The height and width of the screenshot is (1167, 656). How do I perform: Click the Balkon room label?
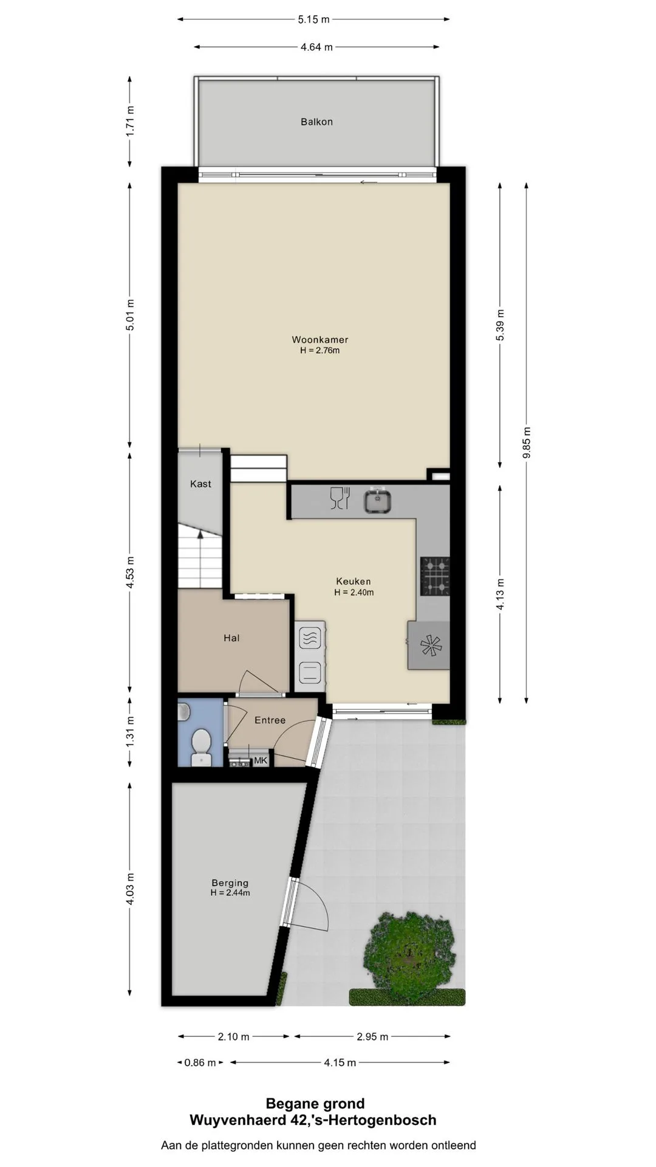point(316,122)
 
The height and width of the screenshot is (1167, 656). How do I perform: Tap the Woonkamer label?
point(320,340)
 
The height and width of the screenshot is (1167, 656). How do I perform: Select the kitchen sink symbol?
point(377,501)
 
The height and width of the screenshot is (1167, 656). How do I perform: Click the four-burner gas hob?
point(435,576)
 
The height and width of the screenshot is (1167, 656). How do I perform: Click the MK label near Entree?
point(261,760)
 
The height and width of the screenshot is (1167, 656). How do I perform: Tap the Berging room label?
point(230,883)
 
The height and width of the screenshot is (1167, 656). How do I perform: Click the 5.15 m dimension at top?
point(313,19)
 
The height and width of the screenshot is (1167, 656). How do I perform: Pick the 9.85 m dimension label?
point(527,443)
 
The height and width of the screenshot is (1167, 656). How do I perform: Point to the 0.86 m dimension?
point(200,1062)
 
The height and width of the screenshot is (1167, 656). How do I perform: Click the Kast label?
point(200,484)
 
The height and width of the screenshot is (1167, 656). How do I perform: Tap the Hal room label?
point(231,638)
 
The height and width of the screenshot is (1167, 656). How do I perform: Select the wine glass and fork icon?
point(340,498)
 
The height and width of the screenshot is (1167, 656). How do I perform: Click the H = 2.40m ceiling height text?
point(354,593)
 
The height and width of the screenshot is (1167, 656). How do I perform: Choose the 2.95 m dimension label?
point(372,1037)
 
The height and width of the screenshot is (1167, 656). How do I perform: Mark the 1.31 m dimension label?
point(131,732)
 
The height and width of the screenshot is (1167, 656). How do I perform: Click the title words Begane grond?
point(315,1104)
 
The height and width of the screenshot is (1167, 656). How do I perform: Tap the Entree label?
point(270,720)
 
